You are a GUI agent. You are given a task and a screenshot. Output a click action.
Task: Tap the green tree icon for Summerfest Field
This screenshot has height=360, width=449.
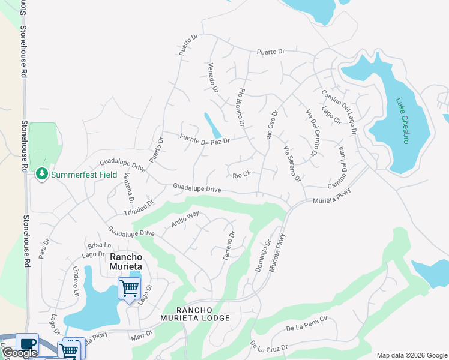tap(41, 174)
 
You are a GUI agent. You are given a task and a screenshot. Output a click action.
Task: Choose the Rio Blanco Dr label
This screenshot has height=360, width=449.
tap(241, 107)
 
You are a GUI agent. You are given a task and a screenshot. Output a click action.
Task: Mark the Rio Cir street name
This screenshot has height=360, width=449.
tap(241, 175)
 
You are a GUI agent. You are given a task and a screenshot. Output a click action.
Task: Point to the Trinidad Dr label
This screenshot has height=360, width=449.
tap(139, 208)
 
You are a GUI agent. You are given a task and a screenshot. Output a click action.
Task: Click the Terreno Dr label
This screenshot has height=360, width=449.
tap(228, 246)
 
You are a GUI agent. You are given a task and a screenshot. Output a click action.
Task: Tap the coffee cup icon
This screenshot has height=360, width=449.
tap(27, 344)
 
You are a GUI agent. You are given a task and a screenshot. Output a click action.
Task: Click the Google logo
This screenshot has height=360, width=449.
tap(20, 353)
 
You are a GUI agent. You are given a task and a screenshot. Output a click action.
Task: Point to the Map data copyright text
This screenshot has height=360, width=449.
tap(411, 355)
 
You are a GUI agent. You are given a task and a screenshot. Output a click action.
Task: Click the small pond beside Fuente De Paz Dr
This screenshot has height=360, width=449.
tap(212, 125)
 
